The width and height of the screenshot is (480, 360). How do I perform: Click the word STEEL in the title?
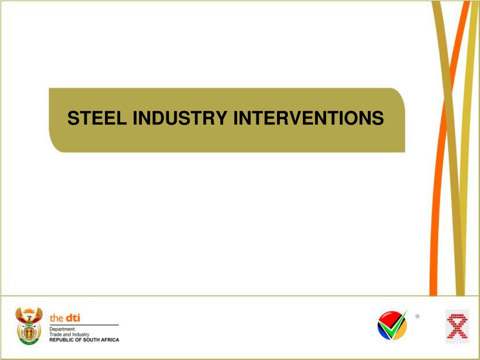[x=97, y=118]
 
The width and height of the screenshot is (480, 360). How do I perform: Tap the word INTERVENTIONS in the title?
[x=308, y=118]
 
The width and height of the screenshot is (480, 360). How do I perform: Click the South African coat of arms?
[x=29, y=326]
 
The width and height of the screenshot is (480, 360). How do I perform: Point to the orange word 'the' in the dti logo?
[x=56, y=318]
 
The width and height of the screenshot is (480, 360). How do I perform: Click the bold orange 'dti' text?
[x=72, y=318]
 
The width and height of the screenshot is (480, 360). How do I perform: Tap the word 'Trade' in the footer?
[x=55, y=335]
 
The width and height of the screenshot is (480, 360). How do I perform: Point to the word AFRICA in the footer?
[x=111, y=340]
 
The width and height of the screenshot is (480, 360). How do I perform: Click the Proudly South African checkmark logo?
[x=392, y=325]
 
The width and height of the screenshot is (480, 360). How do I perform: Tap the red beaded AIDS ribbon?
[x=457, y=326]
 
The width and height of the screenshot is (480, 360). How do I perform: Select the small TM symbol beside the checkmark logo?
[x=417, y=316]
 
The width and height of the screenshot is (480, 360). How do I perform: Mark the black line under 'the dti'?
[x=84, y=325]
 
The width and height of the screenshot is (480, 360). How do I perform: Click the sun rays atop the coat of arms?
[x=29, y=311]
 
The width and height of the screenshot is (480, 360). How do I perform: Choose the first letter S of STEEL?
[x=73, y=118]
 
